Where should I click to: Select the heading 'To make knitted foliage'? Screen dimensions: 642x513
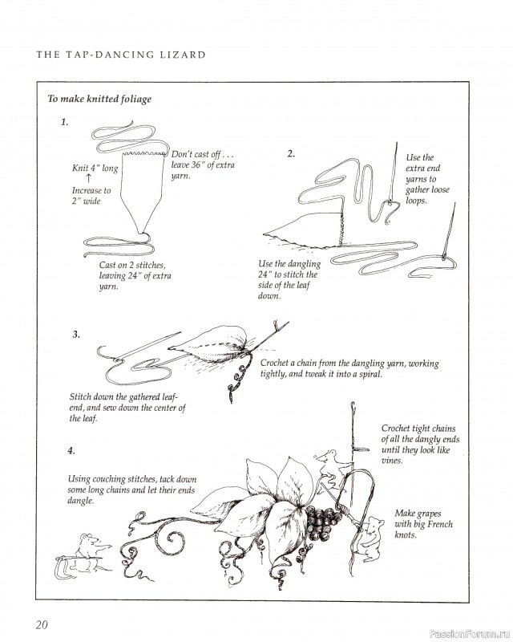point(99,100)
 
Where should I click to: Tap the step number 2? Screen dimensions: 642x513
point(292,152)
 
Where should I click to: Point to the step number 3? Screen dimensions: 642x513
point(75,334)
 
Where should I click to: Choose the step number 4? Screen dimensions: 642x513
point(72,451)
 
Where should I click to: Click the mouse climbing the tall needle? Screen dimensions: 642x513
point(326,465)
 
